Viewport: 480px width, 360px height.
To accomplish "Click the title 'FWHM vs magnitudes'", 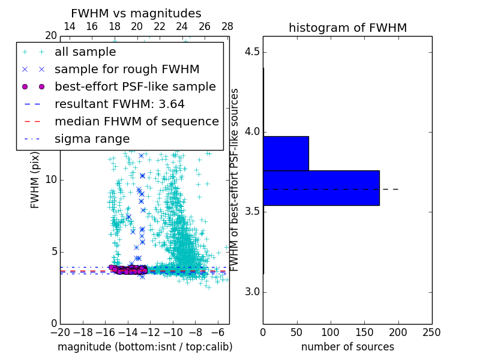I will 136,13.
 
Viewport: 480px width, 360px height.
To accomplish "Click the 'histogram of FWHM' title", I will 347,28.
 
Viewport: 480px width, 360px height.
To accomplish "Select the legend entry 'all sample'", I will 85,52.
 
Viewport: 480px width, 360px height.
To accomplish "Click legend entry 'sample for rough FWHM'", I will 127,70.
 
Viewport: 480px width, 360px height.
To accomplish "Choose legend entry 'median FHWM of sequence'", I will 136,121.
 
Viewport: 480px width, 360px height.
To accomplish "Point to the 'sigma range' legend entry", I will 92,139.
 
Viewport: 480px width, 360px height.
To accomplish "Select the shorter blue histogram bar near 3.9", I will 286,153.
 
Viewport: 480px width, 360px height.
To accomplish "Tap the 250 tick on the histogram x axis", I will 431,332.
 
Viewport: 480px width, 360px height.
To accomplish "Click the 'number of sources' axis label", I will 347,347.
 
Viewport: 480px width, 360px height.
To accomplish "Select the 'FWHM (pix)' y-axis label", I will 35,179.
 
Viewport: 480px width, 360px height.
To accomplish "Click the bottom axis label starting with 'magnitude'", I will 145,347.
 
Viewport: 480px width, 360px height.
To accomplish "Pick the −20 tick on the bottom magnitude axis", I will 60,332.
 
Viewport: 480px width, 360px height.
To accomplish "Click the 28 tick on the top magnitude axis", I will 227,26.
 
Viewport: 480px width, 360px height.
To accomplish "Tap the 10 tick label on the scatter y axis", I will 51,180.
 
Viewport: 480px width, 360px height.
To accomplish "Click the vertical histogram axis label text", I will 235,179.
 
